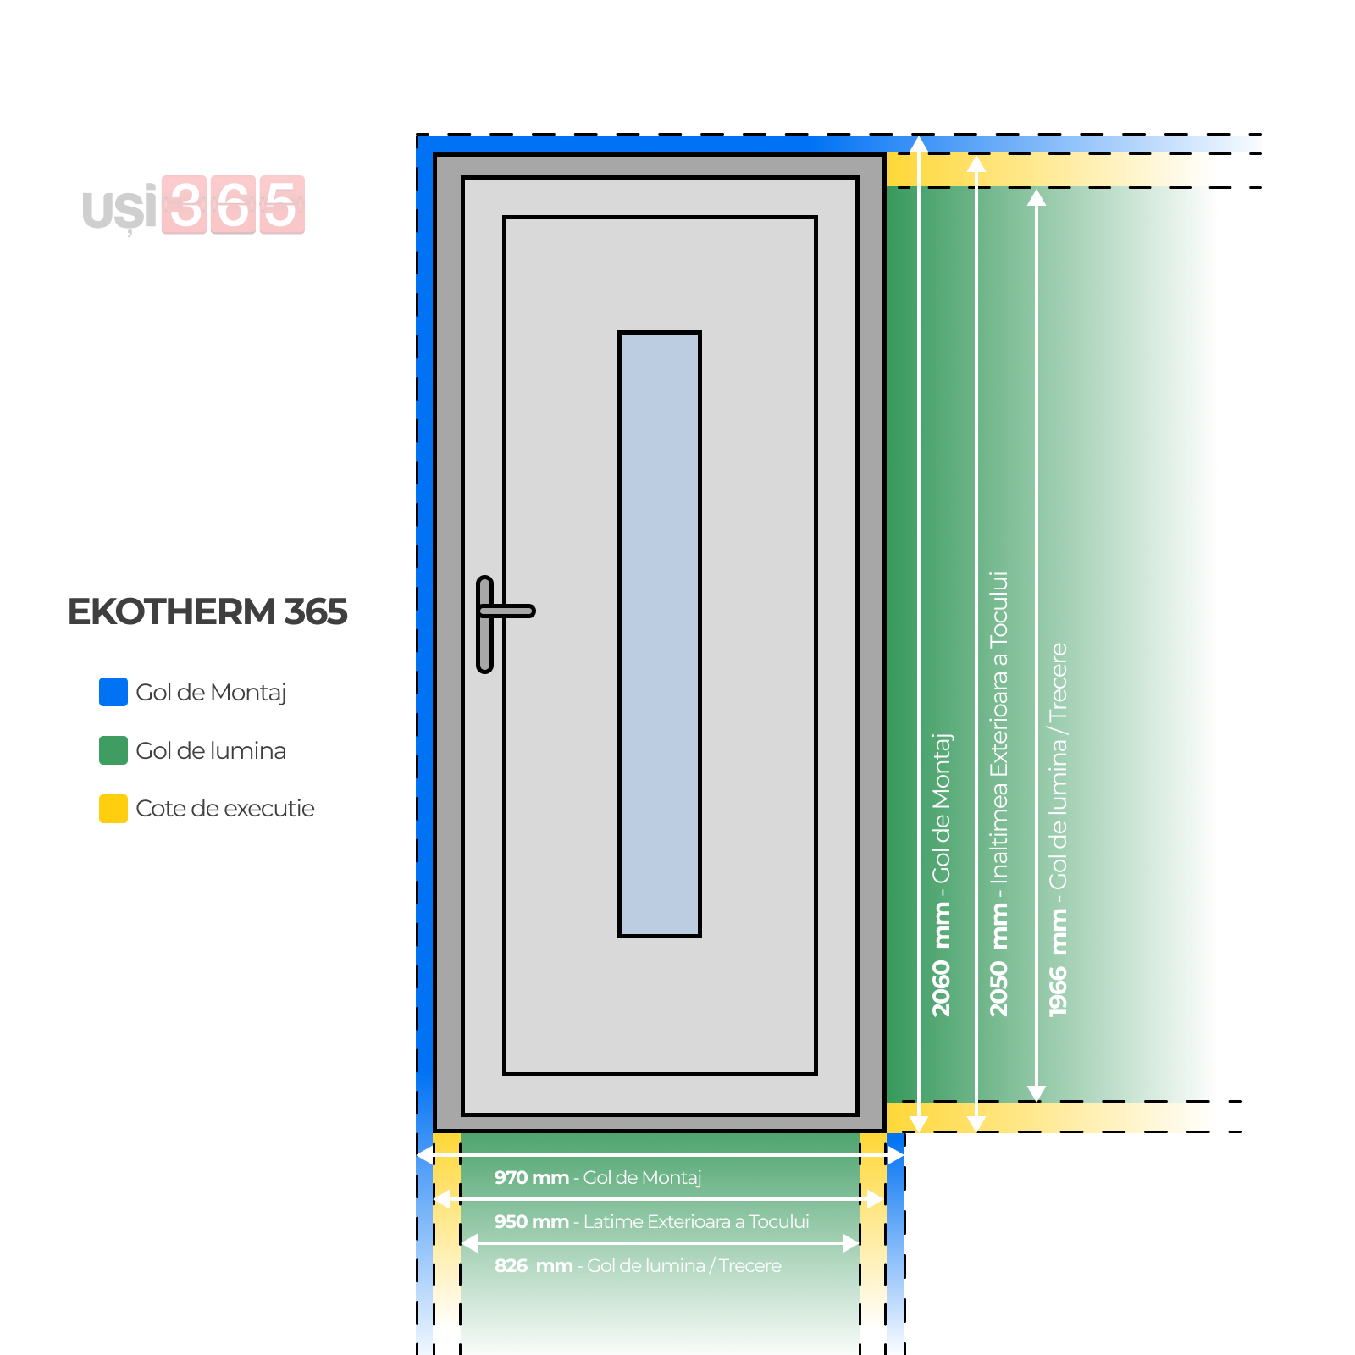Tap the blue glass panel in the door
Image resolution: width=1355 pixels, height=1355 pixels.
pos(660,633)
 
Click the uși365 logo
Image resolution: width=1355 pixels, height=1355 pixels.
pos(194,205)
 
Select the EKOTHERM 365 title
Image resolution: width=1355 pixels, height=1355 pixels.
pos(207,611)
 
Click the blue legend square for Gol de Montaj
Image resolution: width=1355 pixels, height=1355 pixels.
pos(113,692)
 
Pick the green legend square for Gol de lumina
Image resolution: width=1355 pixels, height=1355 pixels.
pos(113,750)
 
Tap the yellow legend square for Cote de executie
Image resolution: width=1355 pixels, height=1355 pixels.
pos(113,809)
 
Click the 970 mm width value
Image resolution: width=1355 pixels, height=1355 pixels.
pos(531,1177)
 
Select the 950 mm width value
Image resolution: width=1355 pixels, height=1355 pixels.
pos(531,1221)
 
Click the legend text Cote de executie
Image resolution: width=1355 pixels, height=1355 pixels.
pos(225,809)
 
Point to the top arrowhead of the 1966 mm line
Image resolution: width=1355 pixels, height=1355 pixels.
pos(1037,198)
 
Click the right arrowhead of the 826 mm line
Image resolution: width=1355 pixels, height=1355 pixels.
pos(852,1243)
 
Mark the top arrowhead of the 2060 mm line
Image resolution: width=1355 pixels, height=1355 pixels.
pos(919,145)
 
